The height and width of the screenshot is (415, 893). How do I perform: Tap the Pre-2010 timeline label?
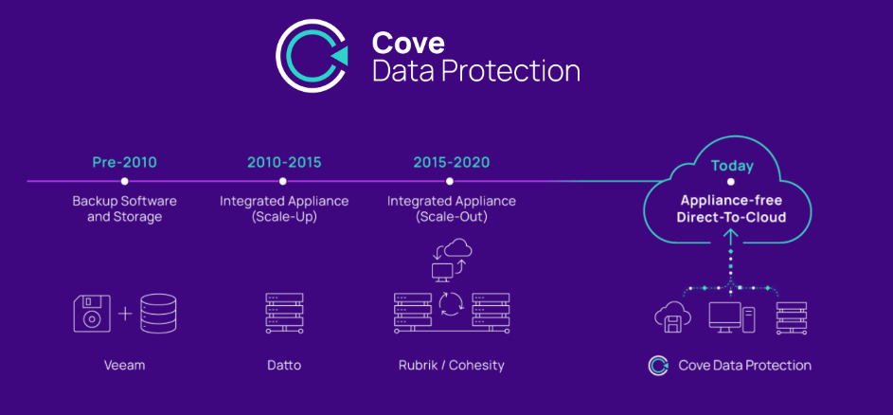pos(124,162)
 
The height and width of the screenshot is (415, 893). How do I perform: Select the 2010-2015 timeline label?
pos(284,162)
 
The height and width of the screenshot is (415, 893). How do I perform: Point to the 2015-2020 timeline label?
pos(451,162)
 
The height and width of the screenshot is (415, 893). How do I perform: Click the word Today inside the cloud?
pos(732,167)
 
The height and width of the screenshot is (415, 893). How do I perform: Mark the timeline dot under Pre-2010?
pos(124,181)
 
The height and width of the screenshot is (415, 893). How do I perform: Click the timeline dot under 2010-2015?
pos(282,181)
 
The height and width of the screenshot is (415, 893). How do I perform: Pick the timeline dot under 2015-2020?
pos(450,181)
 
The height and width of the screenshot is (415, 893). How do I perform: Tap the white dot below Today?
pos(731,182)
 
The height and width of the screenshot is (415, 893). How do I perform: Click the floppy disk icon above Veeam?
pos(92,313)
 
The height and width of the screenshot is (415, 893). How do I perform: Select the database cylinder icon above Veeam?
pos(158,314)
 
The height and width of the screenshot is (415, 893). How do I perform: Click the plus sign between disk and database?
pos(125,314)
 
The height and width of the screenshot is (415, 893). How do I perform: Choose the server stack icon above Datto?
pos(284,313)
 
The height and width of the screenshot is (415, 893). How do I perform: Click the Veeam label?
pos(124,365)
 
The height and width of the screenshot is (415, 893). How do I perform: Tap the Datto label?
pos(284,365)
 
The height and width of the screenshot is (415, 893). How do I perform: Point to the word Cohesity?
pos(476,365)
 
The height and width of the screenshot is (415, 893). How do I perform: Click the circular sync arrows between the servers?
pos(451,304)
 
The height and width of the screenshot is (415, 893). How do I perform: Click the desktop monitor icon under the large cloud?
pos(725,317)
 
